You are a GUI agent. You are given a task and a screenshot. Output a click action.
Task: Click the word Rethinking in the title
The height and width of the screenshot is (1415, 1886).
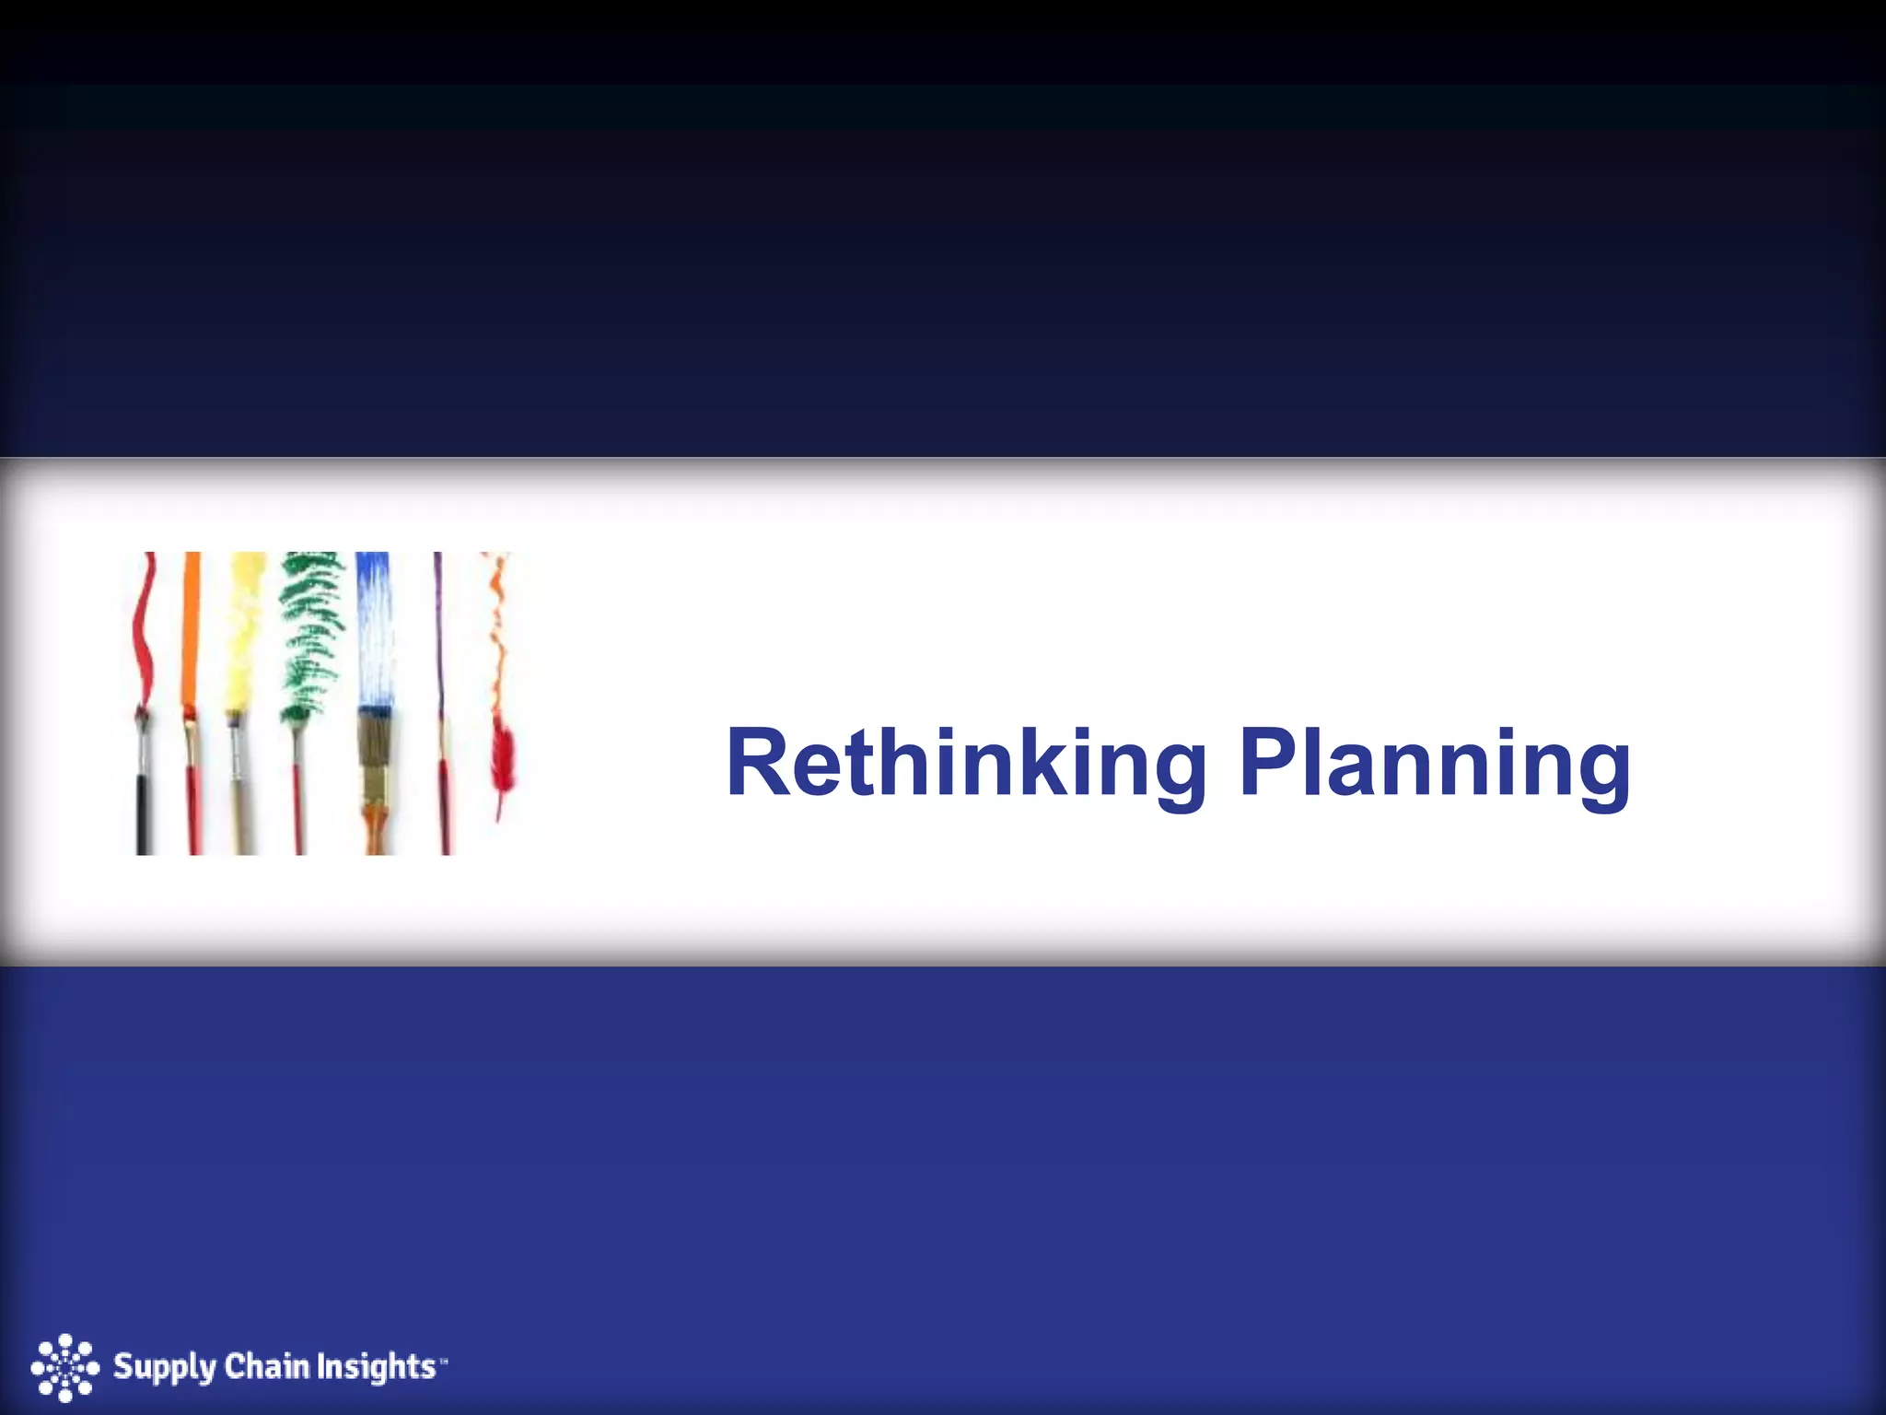pyautogui.click(x=966, y=765)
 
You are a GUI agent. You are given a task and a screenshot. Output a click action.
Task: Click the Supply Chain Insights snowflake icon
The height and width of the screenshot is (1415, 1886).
pyautogui.click(x=64, y=1367)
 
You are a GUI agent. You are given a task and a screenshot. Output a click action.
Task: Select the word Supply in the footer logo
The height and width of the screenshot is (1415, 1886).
pyautogui.click(x=163, y=1367)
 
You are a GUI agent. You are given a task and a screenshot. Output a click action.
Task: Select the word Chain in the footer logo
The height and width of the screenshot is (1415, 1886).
pyautogui.click(x=267, y=1365)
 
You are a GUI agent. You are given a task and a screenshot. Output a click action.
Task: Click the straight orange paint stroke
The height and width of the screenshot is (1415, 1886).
pyautogui.click(x=192, y=626)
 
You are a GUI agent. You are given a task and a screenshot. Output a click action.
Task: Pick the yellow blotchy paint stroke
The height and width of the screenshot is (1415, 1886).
pyautogui.click(x=245, y=626)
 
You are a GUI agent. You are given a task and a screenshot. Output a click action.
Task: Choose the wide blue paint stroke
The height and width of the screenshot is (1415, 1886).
pyautogui.click(x=373, y=626)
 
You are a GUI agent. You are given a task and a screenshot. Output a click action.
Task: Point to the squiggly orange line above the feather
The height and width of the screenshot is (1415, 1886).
pyautogui.click(x=498, y=636)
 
